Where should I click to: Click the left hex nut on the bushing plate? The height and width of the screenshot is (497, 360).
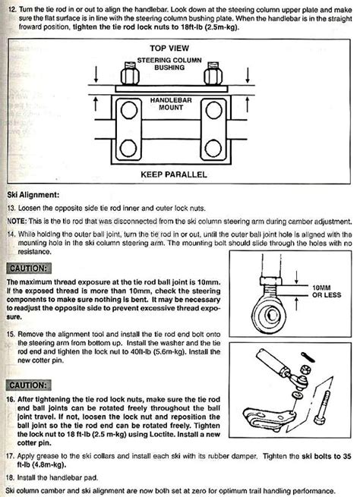(x=128, y=74)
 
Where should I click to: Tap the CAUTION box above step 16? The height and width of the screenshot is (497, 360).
(x=30, y=385)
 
